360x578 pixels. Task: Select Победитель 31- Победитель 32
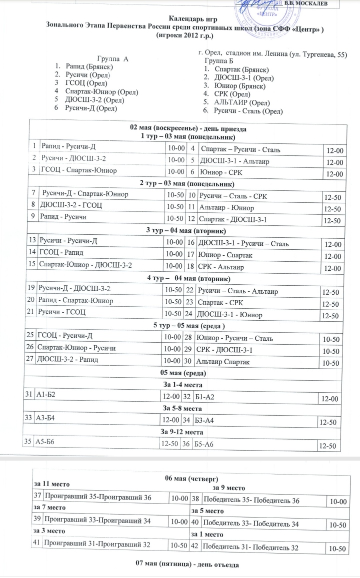click(x=251, y=548)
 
